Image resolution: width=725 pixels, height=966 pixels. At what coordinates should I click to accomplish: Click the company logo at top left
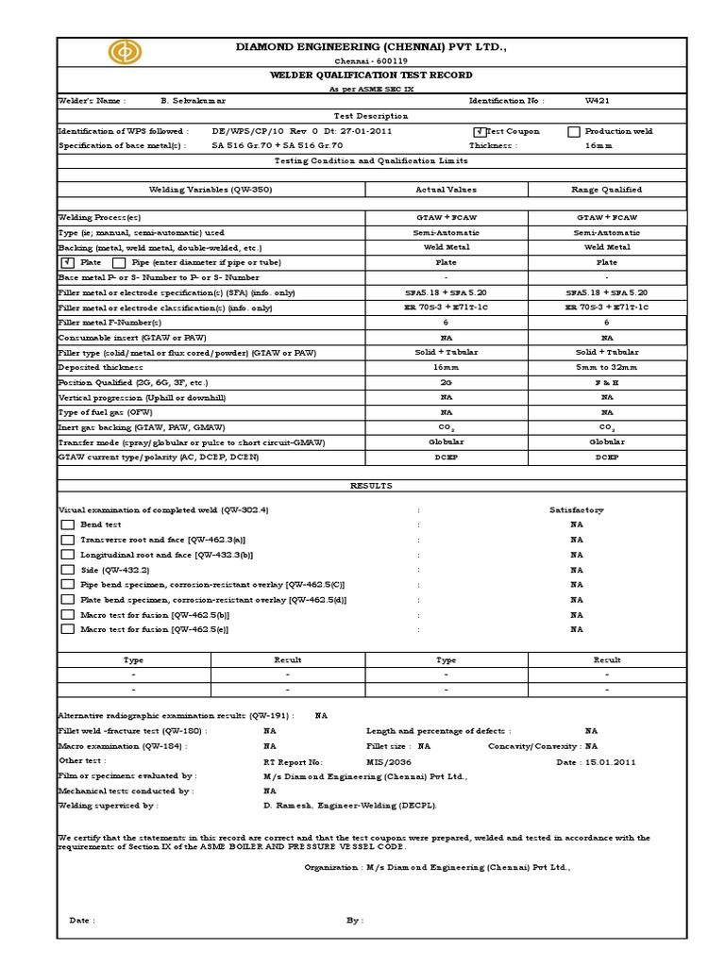[x=123, y=53]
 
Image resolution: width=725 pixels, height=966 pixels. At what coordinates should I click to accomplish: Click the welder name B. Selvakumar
[x=200, y=100]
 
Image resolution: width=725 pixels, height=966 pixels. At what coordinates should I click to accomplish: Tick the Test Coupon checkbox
[x=479, y=132]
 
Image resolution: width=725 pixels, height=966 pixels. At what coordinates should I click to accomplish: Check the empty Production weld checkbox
[x=574, y=132]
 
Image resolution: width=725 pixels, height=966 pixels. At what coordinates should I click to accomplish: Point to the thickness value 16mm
[x=598, y=146]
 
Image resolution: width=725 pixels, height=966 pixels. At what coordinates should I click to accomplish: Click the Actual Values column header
[x=447, y=190]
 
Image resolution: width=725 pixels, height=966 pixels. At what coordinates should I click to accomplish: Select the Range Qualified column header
[x=607, y=190]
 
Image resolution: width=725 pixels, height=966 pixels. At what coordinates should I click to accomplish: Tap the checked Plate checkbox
[x=67, y=262]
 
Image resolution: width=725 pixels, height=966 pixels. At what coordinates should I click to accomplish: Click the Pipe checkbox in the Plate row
[x=119, y=262]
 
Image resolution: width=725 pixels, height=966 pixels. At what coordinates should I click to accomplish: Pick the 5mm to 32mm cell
[x=607, y=367]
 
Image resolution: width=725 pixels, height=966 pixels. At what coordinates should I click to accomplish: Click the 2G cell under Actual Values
[x=447, y=382]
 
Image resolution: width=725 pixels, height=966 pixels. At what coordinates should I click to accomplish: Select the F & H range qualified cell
[x=607, y=382]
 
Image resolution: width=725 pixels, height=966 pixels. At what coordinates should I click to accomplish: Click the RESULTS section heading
[x=370, y=486]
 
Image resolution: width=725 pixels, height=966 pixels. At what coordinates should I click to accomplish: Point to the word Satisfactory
[x=576, y=509]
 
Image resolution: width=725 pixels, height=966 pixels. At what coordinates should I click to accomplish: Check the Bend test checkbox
[x=67, y=525]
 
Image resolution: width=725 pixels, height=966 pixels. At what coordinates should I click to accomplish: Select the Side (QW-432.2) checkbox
[x=67, y=570]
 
